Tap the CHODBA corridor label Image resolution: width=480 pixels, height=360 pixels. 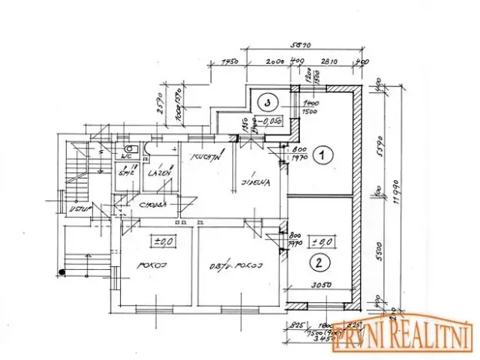154,205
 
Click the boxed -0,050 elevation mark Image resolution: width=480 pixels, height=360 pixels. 269,121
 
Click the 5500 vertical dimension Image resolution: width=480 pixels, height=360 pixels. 377,250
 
